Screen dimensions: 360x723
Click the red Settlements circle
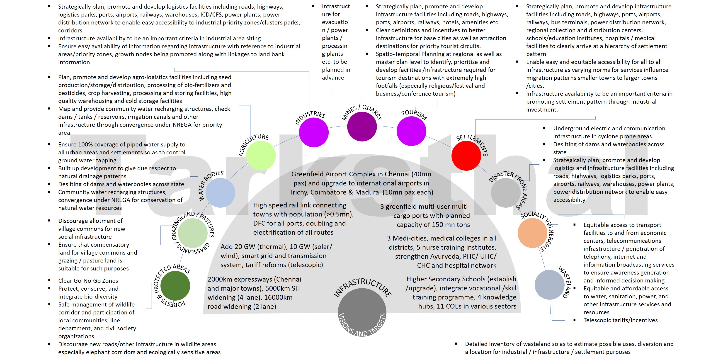[x=466, y=156]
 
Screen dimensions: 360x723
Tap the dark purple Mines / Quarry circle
[x=362, y=127]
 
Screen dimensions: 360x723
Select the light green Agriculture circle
[x=261, y=156]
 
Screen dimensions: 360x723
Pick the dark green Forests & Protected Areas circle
[x=175, y=286]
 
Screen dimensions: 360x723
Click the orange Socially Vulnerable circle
[x=532, y=233]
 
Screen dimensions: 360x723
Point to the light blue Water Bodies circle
[x=220, y=193]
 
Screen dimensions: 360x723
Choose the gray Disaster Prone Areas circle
[x=506, y=193]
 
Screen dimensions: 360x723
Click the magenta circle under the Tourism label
[x=411, y=131]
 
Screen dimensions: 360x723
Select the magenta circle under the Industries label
[x=313, y=132]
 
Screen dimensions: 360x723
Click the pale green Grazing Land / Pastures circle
[x=193, y=233]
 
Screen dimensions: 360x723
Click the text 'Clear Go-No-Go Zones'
[x=88, y=280]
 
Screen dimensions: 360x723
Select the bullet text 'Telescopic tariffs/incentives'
[x=620, y=320]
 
